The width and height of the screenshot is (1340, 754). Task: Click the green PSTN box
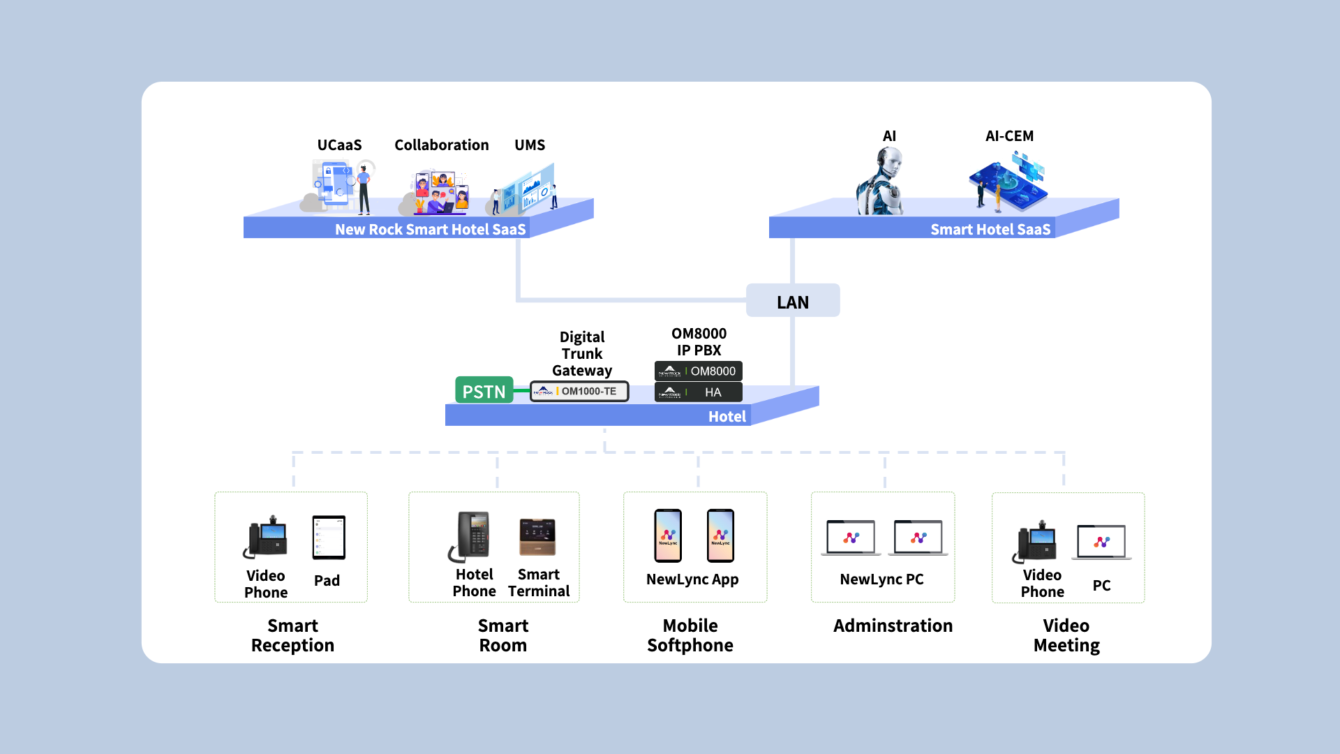pyautogui.click(x=484, y=390)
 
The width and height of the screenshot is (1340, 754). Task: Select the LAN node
pyautogui.click(x=793, y=300)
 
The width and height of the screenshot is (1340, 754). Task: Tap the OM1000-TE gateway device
pyautogui.click(x=579, y=391)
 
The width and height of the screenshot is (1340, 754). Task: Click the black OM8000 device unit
pyautogui.click(x=698, y=371)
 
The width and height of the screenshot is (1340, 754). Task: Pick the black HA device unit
pyautogui.click(x=698, y=392)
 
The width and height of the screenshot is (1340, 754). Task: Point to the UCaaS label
pyautogui.click(x=339, y=145)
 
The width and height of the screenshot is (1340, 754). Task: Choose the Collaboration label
pyautogui.click(x=442, y=145)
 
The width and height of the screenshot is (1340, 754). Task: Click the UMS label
pyautogui.click(x=530, y=145)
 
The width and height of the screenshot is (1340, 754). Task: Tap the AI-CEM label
pyautogui.click(x=1009, y=136)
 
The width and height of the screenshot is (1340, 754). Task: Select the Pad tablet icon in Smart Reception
pyautogui.click(x=329, y=538)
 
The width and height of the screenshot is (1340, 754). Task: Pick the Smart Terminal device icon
pyautogui.click(x=537, y=537)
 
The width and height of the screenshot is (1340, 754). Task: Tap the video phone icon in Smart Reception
pyautogui.click(x=265, y=537)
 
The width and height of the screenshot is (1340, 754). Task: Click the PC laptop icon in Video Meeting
pyautogui.click(x=1101, y=542)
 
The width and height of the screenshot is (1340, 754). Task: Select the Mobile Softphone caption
pyautogui.click(x=690, y=635)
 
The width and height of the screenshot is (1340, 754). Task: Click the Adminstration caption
pyautogui.click(x=893, y=626)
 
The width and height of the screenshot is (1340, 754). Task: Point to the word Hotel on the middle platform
pyautogui.click(x=727, y=417)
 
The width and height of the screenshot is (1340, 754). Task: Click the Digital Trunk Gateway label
pyautogui.click(x=582, y=353)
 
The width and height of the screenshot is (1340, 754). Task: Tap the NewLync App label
pyautogui.click(x=692, y=579)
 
